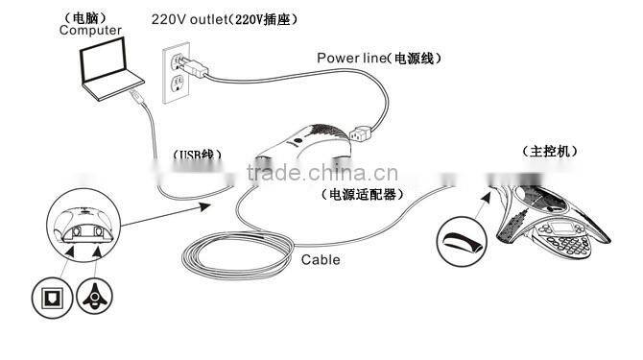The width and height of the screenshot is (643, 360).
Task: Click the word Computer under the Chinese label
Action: click(x=90, y=31)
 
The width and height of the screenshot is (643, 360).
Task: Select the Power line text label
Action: click(x=350, y=58)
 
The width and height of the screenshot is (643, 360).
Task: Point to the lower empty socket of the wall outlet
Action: click(x=176, y=89)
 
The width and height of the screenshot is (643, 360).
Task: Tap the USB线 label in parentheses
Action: click(x=198, y=155)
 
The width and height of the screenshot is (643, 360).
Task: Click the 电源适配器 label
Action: click(x=362, y=194)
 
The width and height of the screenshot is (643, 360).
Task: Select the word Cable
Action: click(x=321, y=259)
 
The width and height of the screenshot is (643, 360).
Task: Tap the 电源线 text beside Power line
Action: click(x=410, y=58)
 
